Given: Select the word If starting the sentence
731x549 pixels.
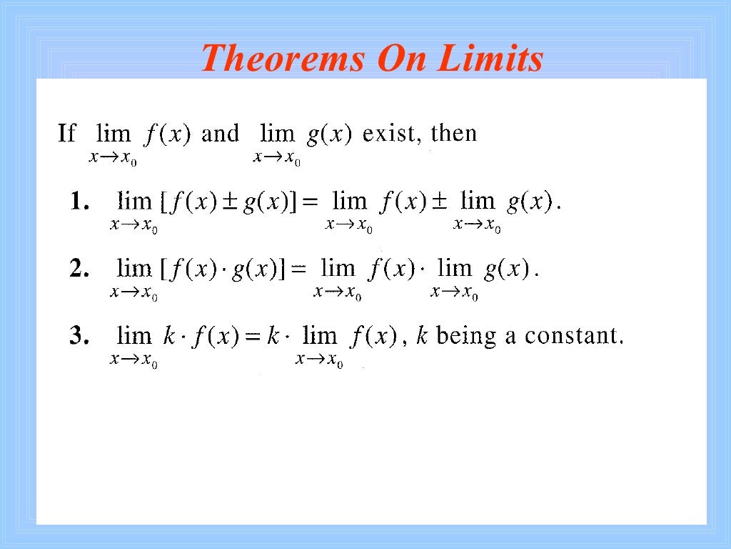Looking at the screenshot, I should click(66, 134).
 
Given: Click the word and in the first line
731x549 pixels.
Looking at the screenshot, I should click(220, 134).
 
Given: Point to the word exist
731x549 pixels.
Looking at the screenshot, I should click(393, 134).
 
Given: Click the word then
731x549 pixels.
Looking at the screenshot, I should click(453, 134).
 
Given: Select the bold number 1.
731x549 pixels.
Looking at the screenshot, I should click(79, 203).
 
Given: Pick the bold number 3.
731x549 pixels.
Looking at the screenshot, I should click(79, 335).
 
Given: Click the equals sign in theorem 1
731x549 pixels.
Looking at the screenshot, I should click(309, 204).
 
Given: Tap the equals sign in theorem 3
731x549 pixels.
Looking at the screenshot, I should click(251, 336).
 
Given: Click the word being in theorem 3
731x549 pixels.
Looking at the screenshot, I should click(465, 335).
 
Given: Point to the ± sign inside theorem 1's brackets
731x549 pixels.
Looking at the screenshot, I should click(231, 204).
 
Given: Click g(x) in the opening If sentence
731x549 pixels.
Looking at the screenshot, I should click(331, 134).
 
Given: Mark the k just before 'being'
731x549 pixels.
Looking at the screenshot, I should click(421, 335).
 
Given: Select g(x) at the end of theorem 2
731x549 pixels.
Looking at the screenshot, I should click(506, 269).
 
